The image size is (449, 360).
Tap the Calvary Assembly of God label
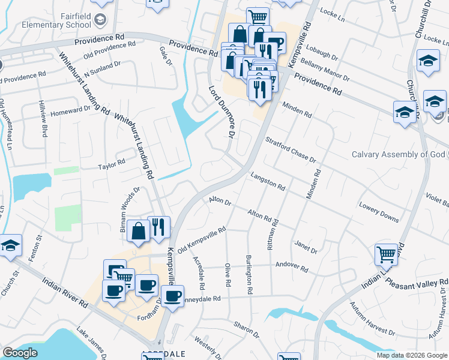click(x=399, y=154)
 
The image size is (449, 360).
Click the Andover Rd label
click(x=291, y=266)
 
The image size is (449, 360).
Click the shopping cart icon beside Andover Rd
click(x=387, y=254)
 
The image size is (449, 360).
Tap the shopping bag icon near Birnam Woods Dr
click(x=139, y=231)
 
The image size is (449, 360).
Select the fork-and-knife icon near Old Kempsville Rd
click(x=158, y=227)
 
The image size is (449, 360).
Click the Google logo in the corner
click(x=20, y=352)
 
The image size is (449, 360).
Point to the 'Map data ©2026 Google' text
click(x=411, y=355)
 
